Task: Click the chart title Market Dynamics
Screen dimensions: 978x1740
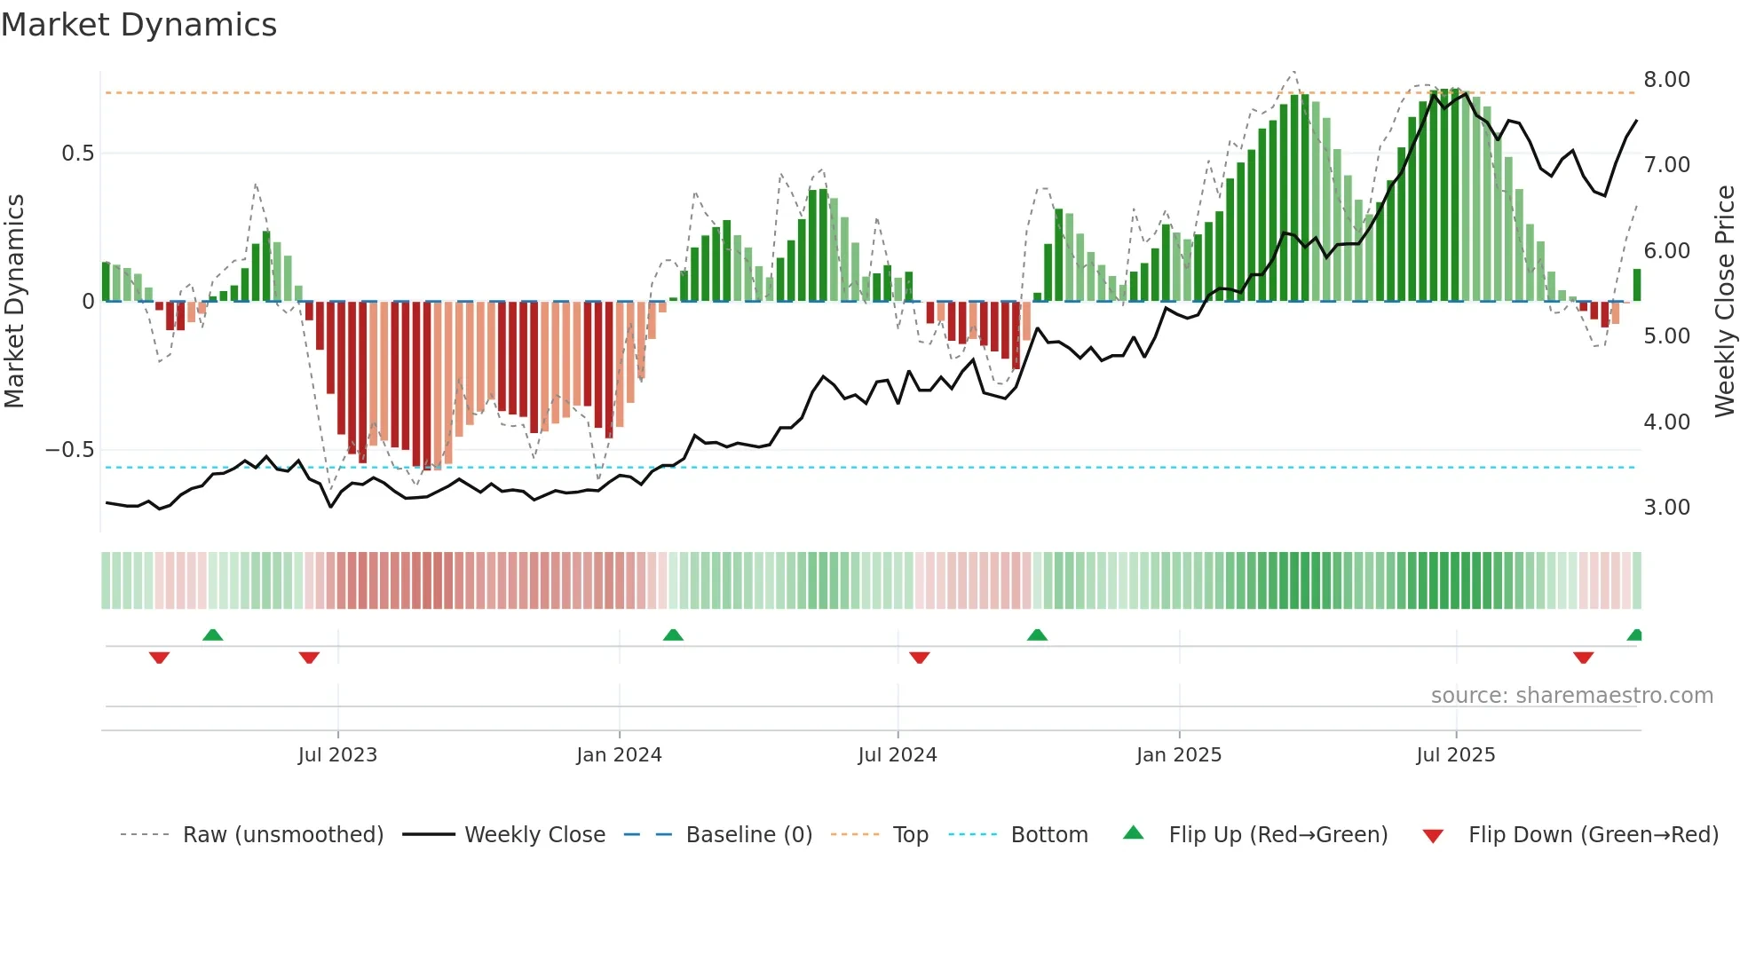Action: (x=138, y=25)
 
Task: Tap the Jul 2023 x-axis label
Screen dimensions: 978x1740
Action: (x=337, y=755)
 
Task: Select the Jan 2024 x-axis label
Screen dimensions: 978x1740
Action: (x=619, y=755)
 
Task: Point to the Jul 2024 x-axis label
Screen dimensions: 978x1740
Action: (x=898, y=755)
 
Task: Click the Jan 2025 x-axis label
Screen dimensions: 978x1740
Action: (x=1179, y=755)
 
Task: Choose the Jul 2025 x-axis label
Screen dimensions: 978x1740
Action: (x=1456, y=755)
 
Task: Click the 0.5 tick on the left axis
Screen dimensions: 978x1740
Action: (x=77, y=154)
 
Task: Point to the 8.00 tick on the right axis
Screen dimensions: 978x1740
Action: (x=1666, y=80)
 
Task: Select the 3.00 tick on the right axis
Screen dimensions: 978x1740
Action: (x=1666, y=508)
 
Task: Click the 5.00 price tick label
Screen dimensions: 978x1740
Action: (x=1666, y=336)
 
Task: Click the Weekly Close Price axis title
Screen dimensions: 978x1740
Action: (x=1724, y=301)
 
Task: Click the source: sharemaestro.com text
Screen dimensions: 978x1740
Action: (x=1571, y=696)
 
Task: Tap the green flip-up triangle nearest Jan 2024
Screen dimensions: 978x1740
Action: (x=673, y=635)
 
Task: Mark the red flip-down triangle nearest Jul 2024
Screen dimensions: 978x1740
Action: (x=920, y=658)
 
